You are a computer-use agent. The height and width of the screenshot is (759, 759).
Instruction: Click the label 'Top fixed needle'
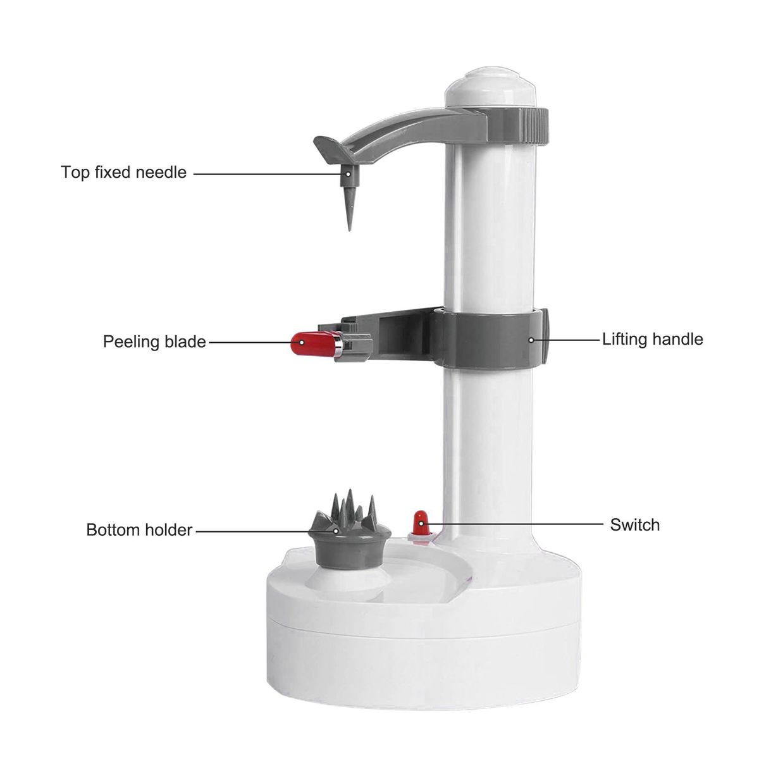(x=124, y=173)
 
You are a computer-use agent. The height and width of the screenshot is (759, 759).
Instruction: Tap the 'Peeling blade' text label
(x=154, y=342)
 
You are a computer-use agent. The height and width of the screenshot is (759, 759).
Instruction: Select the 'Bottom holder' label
(x=139, y=530)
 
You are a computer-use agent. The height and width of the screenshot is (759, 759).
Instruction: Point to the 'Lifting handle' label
(x=653, y=339)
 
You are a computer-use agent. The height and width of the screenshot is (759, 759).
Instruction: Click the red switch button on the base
(x=421, y=524)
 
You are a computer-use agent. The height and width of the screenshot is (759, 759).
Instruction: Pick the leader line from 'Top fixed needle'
(x=271, y=174)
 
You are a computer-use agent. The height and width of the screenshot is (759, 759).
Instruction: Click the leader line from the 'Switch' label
(x=512, y=524)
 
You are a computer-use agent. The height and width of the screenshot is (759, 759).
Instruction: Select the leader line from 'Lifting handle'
(x=565, y=340)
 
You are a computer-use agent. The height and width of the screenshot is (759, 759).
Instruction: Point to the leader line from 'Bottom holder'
(x=266, y=531)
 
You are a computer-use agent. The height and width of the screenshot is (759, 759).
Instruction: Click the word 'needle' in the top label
(x=161, y=173)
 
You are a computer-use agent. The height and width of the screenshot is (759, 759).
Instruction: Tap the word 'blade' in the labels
(x=185, y=342)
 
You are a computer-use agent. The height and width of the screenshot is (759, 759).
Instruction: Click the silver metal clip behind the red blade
(x=339, y=345)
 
